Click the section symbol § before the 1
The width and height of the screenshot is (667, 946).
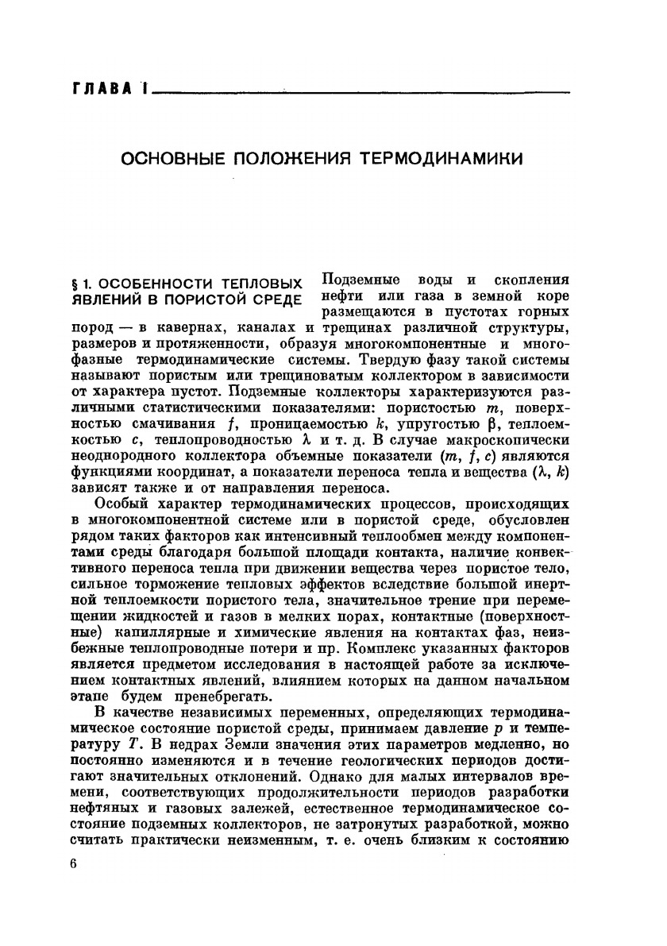coord(75,284)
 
